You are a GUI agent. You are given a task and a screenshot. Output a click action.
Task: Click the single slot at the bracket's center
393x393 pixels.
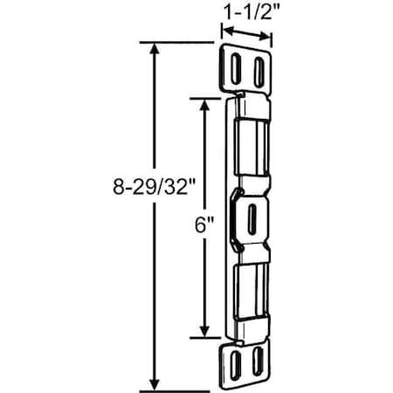point(252,215)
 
